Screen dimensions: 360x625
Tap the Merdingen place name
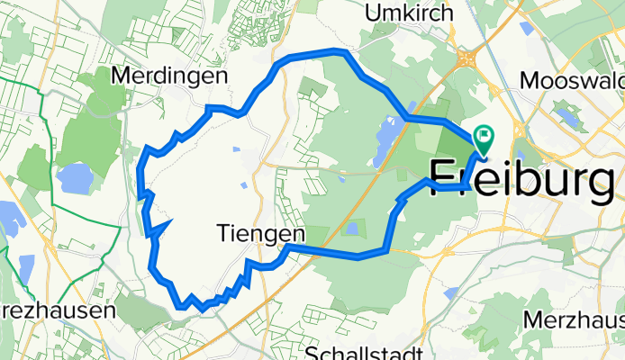coord(168,76)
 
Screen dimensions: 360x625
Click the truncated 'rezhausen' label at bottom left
coord(56,310)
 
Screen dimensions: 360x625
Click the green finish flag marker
coord(485,138)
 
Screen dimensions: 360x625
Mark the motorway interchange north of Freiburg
coord(466,58)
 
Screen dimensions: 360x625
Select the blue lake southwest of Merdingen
coord(74,179)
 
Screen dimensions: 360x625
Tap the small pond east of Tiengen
coord(351,229)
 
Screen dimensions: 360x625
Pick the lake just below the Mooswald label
coord(567,115)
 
